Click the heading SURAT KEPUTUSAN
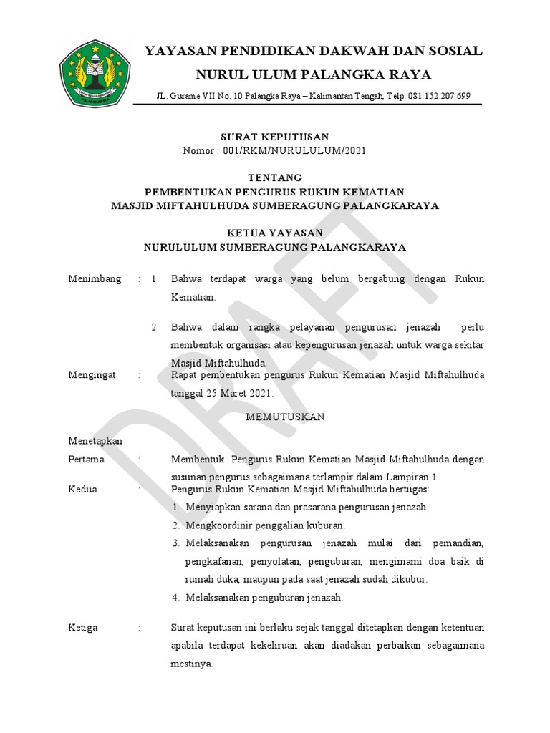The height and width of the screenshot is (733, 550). tap(274, 137)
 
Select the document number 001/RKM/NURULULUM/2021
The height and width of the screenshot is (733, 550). tap(296, 150)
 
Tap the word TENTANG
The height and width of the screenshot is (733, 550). tap(275, 178)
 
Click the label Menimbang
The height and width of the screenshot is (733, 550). tap(94, 278)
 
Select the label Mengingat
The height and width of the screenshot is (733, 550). tap(92, 374)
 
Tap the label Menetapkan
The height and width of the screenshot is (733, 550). tap(95, 441)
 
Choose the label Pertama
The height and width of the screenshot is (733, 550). tap(86, 459)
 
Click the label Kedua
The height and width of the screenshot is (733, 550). tap(82, 489)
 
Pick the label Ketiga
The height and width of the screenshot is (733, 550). tap(82, 627)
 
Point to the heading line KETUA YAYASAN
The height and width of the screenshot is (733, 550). tap(275, 233)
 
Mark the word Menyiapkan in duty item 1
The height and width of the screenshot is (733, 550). tap(212, 507)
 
